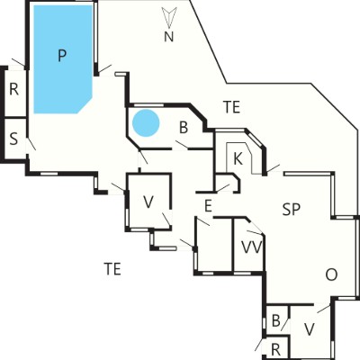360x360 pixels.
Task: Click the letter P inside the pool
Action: click(62, 56)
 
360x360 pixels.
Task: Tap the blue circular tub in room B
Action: click(146, 123)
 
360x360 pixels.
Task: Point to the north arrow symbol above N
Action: click(169, 18)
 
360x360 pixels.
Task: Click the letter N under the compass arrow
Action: click(169, 37)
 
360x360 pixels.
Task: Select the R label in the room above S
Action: click(13, 89)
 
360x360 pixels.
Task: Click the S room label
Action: click(13, 139)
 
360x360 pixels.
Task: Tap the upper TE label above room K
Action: click(232, 107)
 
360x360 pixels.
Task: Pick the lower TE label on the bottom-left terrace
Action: click(112, 268)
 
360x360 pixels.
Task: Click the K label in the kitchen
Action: click(238, 158)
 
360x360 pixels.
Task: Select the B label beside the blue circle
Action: click(184, 127)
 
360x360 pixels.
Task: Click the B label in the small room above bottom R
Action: click(275, 320)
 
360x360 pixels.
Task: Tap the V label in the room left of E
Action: click(148, 202)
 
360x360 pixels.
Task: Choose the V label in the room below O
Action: click(309, 329)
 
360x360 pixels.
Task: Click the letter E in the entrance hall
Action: click(208, 206)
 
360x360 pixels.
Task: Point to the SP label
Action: click(292, 210)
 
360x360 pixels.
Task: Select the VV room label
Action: click(252, 247)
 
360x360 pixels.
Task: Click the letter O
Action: click(331, 274)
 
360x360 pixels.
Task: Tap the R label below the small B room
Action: click(275, 349)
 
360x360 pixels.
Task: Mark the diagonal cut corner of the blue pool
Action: click(85, 104)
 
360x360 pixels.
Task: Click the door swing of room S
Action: click(31, 144)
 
